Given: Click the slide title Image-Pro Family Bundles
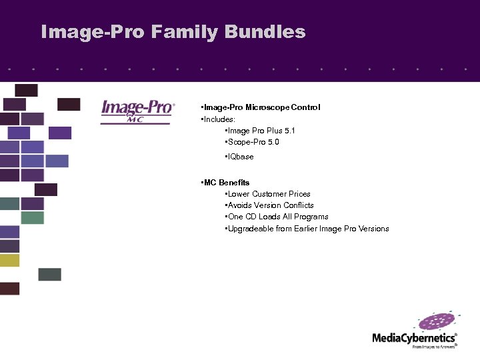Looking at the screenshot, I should [x=173, y=32].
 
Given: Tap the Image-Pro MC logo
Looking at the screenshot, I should [x=138, y=111].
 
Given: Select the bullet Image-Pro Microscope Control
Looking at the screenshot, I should [x=261, y=107].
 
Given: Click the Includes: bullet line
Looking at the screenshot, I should [x=218, y=119].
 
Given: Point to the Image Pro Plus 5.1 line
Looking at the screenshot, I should [x=261, y=131].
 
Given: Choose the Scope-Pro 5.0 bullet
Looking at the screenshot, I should [x=253, y=142].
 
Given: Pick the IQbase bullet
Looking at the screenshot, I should [x=240, y=157].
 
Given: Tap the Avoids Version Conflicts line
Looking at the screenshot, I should [x=270, y=205].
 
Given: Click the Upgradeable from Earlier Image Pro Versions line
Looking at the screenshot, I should [x=307, y=229].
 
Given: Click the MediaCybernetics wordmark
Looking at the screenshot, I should [x=413, y=338].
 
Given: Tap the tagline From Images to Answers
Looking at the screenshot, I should [x=434, y=347].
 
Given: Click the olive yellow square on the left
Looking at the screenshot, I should [x=10, y=260].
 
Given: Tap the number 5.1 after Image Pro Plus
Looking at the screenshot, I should [x=289, y=131].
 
